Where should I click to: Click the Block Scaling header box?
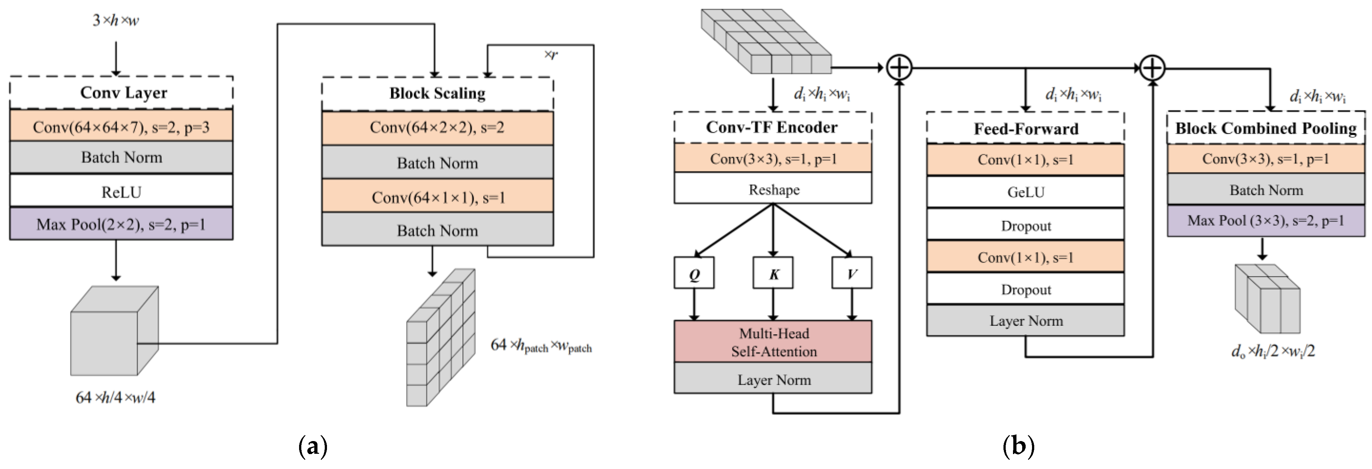437,93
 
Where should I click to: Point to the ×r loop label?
551,54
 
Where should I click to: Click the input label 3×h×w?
115,20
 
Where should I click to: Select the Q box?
694,273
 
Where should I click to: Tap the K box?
773,273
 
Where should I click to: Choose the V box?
852,273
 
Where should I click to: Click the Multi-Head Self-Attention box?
773,342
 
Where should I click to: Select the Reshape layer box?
773,189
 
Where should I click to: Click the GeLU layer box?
1025,191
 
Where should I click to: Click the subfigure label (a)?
313,446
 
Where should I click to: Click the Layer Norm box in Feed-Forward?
1025,320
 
